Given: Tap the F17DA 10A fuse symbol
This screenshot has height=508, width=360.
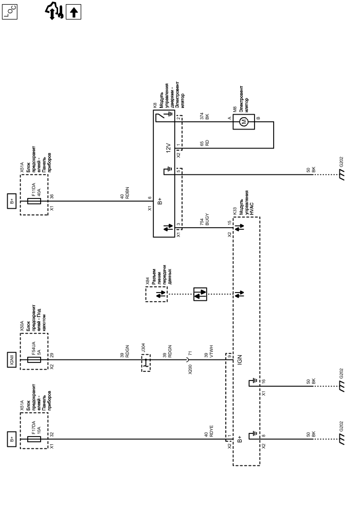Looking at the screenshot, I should [33, 439].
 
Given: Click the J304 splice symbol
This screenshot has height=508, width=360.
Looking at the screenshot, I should [146, 363].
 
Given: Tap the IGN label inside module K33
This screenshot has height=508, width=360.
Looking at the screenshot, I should [241, 360].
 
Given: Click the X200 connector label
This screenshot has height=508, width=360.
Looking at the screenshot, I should [191, 368].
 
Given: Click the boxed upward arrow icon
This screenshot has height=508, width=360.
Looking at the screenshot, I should [75, 11].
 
